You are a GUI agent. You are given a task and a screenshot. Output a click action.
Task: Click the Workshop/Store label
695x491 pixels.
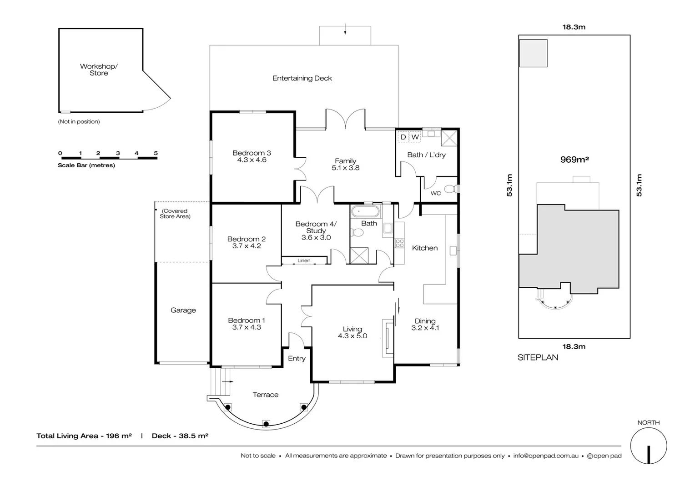pos(99,70)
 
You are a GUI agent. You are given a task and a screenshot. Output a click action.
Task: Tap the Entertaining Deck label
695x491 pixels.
pos(302,78)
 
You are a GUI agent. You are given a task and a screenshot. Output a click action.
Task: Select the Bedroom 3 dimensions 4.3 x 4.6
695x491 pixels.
pos(252,160)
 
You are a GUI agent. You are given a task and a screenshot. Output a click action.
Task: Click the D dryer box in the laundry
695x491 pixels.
pos(403,137)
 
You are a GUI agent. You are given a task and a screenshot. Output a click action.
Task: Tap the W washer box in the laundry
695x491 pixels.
pos(415,137)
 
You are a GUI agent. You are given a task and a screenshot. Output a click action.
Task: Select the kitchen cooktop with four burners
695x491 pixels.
pos(399,243)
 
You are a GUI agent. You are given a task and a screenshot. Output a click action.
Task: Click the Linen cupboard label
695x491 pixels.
pos(304,261)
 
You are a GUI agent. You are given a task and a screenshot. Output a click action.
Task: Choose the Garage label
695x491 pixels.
pos(183,310)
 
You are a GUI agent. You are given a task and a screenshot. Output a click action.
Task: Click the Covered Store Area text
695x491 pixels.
pos(175,214)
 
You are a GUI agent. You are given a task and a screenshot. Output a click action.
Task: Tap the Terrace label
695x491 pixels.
pos(266,395)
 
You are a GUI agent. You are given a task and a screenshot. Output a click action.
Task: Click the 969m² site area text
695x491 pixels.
pos(574,160)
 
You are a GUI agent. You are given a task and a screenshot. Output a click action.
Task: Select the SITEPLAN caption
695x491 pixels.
pos(538,357)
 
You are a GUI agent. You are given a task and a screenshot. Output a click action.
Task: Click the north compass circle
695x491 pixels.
pos(648,446)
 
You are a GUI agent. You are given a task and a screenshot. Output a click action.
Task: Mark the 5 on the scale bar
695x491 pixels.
pos(156,153)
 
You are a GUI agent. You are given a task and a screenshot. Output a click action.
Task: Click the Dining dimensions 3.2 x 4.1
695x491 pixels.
pos(425,328)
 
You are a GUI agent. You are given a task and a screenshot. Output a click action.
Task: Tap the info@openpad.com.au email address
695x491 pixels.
pos(546,456)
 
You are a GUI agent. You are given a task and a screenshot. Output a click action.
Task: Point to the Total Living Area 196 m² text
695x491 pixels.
pos(84,436)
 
